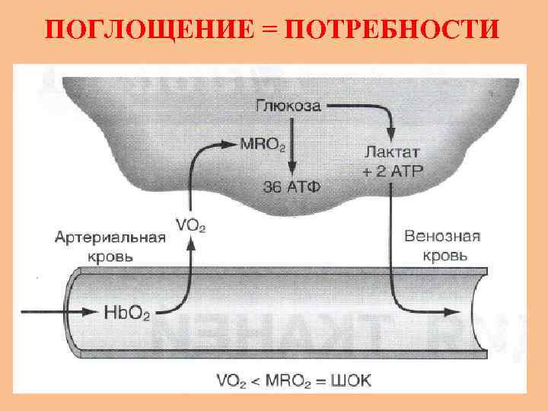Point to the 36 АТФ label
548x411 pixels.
[x=288, y=186]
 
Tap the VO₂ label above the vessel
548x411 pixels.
[x=190, y=225]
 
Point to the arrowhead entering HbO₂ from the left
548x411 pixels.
[x=96, y=311]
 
